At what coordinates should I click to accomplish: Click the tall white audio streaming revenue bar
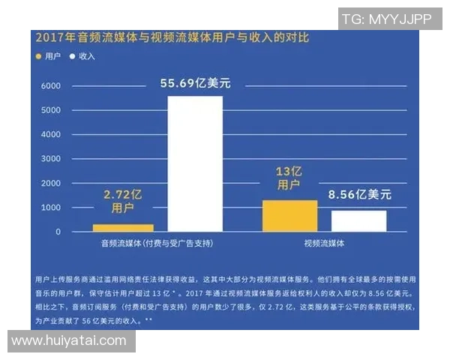tap(195, 163)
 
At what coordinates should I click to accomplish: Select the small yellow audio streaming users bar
tap(123, 227)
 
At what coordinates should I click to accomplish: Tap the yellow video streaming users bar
tap(289, 216)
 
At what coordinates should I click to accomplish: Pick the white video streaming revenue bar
tap(358, 220)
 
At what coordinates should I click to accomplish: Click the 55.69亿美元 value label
tap(195, 82)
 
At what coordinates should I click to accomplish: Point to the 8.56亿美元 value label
tap(359, 194)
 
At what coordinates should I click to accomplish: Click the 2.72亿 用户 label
tap(122, 201)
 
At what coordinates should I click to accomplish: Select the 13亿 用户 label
tap(289, 177)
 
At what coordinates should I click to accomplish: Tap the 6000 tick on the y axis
tap(50, 86)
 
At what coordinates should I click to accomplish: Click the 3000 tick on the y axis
tap(50, 159)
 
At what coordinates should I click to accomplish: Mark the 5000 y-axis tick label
tap(50, 110)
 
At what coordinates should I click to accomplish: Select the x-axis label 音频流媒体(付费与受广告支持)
tap(157, 244)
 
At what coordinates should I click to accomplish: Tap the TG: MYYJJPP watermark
tap(386, 20)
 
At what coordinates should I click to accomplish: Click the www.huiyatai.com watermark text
tap(69, 340)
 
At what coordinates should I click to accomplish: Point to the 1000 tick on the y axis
tap(50, 208)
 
